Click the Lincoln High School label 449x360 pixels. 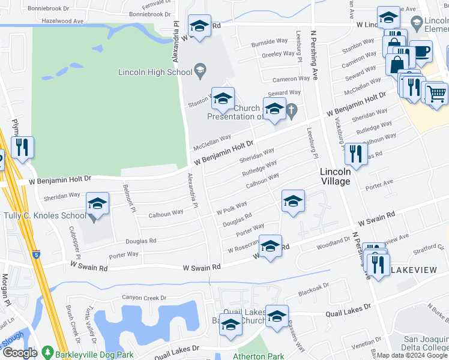click(155, 72)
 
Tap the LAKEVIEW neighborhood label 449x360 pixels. click(414, 271)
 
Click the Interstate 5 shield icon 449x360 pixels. click(37, 255)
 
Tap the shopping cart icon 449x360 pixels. click(436, 94)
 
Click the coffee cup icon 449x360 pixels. click(421, 51)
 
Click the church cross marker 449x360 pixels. click(292, 109)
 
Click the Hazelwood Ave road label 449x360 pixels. click(62, 21)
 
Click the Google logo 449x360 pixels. click(19, 353)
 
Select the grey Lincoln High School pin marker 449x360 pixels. click(200, 72)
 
